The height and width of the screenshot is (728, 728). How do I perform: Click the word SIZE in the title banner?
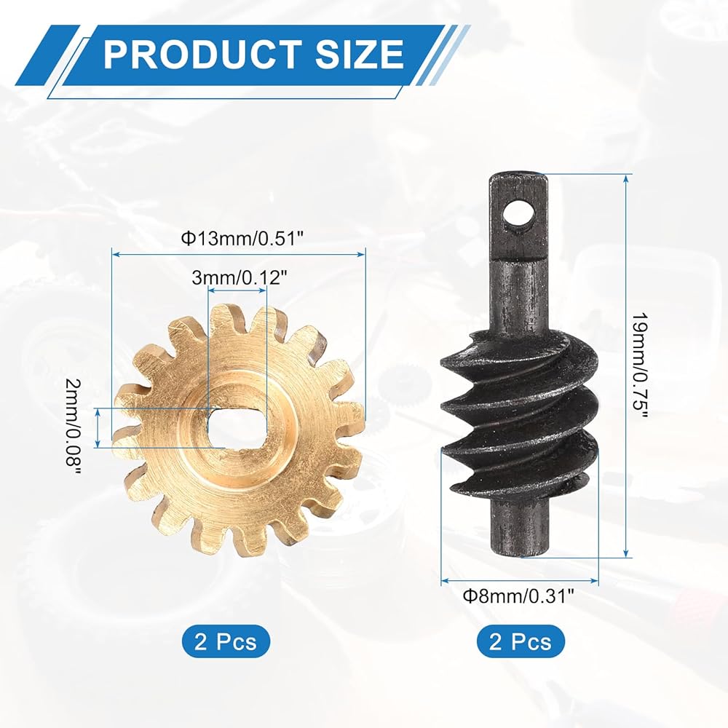coord(359,54)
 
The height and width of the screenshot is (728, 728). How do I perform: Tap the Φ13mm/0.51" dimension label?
coord(242,239)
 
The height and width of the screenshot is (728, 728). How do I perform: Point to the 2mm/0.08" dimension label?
coord(74,427)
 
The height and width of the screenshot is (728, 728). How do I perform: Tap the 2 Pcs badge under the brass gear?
coord(226,641)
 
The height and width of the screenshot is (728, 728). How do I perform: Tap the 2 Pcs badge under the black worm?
coord(521,641)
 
